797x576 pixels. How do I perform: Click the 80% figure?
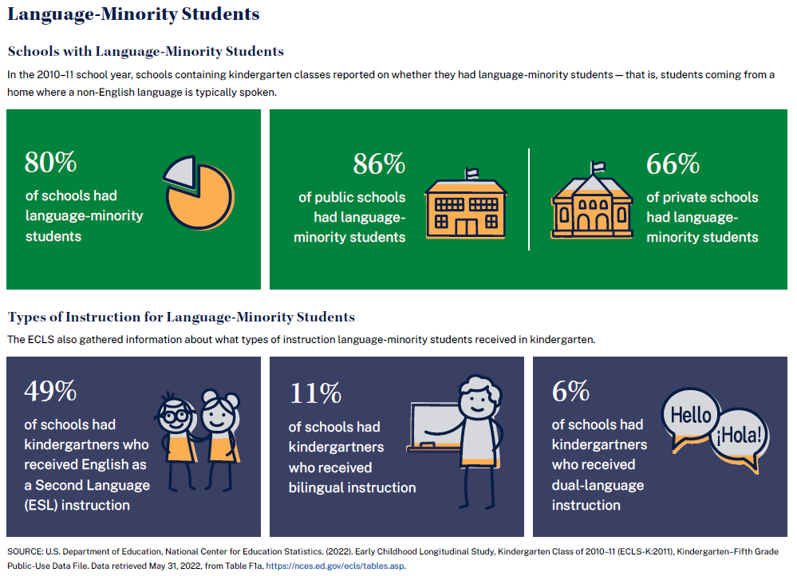coord(50,162)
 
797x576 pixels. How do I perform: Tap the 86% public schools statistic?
coord(379,164)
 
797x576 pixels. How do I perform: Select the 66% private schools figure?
coord(673,164)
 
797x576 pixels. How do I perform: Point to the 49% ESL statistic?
coord(50,392)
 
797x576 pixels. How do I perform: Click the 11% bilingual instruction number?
coord(314,393)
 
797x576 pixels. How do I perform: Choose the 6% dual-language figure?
coord(570,392)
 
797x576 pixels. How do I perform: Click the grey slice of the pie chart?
coord(180,170)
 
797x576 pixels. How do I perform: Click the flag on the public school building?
coord(471,172)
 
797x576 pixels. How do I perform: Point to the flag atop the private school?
coord(598,166)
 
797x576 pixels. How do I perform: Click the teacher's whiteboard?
coord(435,427)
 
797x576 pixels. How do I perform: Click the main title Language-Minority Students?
coord(133,14)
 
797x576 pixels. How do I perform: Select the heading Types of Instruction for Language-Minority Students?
coord(181,318)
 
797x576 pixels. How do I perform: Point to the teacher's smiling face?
coord(479,400)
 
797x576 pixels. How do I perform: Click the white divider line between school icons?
coord(529,199)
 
